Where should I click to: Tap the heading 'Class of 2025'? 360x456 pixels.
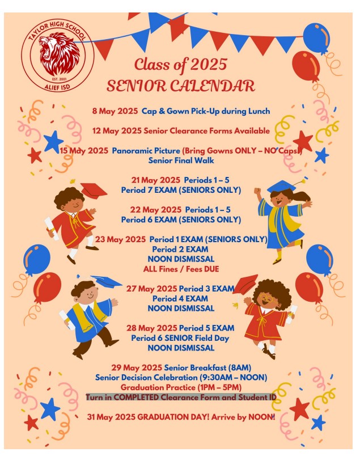point(180,64)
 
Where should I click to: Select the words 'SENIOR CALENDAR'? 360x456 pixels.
point(180,86)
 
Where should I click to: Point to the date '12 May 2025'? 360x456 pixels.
point(117,130)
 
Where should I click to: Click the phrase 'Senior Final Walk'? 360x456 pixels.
point(181,160)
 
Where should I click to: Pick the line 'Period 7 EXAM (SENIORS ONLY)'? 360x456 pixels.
point(181,189)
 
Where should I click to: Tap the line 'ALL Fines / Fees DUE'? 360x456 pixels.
point(181,268)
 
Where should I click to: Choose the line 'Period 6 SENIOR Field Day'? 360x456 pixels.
point(181,338)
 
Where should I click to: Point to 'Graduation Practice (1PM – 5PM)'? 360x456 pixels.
point(181,387)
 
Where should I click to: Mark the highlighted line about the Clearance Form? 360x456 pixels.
point(181,397)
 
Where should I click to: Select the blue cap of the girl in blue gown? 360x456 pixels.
point(282,186)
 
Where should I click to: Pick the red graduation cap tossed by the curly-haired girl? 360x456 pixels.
point(246,283)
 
